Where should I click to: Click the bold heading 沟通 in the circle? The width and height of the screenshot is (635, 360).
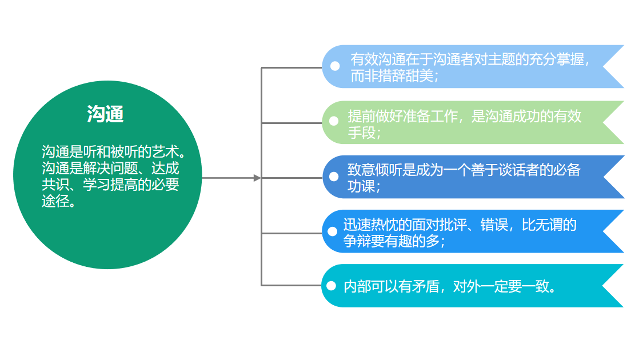(106, 114)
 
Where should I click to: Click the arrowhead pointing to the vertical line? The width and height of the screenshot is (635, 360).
(257, 178)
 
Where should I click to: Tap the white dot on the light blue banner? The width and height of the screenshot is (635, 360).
(335, 66)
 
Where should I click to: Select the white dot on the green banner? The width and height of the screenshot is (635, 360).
(334, 121)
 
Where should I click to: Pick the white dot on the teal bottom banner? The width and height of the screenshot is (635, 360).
(332, 285)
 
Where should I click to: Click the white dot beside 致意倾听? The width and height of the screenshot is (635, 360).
(334, 176)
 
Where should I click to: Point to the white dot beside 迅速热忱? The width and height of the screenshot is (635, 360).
(332, 231)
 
